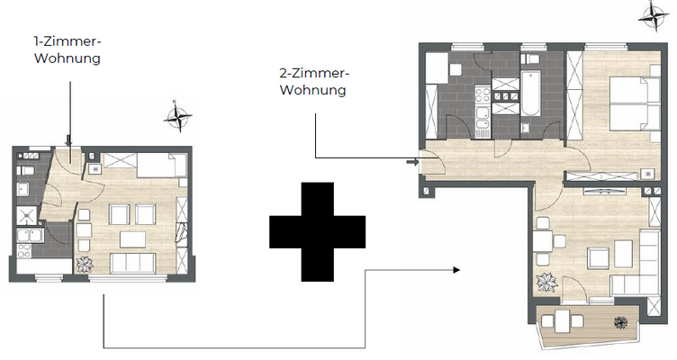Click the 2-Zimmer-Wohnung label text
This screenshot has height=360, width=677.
point(313,82)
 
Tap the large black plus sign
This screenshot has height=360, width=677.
point(318,231)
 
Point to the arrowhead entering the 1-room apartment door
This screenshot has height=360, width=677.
point(68,141)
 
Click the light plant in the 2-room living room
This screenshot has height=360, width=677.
point(546,282)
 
